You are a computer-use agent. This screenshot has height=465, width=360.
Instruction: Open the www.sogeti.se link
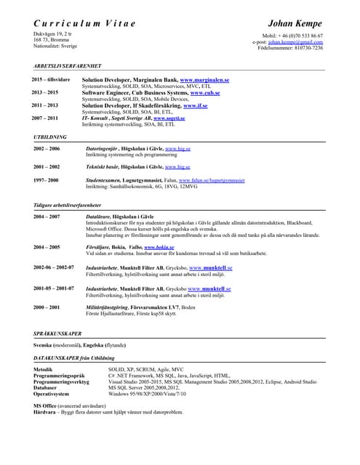(179, 118)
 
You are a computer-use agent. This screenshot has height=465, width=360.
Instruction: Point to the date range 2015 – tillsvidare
(50, 79)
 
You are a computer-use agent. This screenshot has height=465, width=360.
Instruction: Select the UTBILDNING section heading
(50, 137)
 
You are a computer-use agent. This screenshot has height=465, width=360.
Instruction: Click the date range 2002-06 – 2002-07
(54, 267)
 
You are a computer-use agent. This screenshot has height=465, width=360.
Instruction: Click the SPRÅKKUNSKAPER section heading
(57, 333)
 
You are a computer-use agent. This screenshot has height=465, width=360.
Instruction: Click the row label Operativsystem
(53, 393)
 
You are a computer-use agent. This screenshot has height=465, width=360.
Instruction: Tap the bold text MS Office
(47, 405)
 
